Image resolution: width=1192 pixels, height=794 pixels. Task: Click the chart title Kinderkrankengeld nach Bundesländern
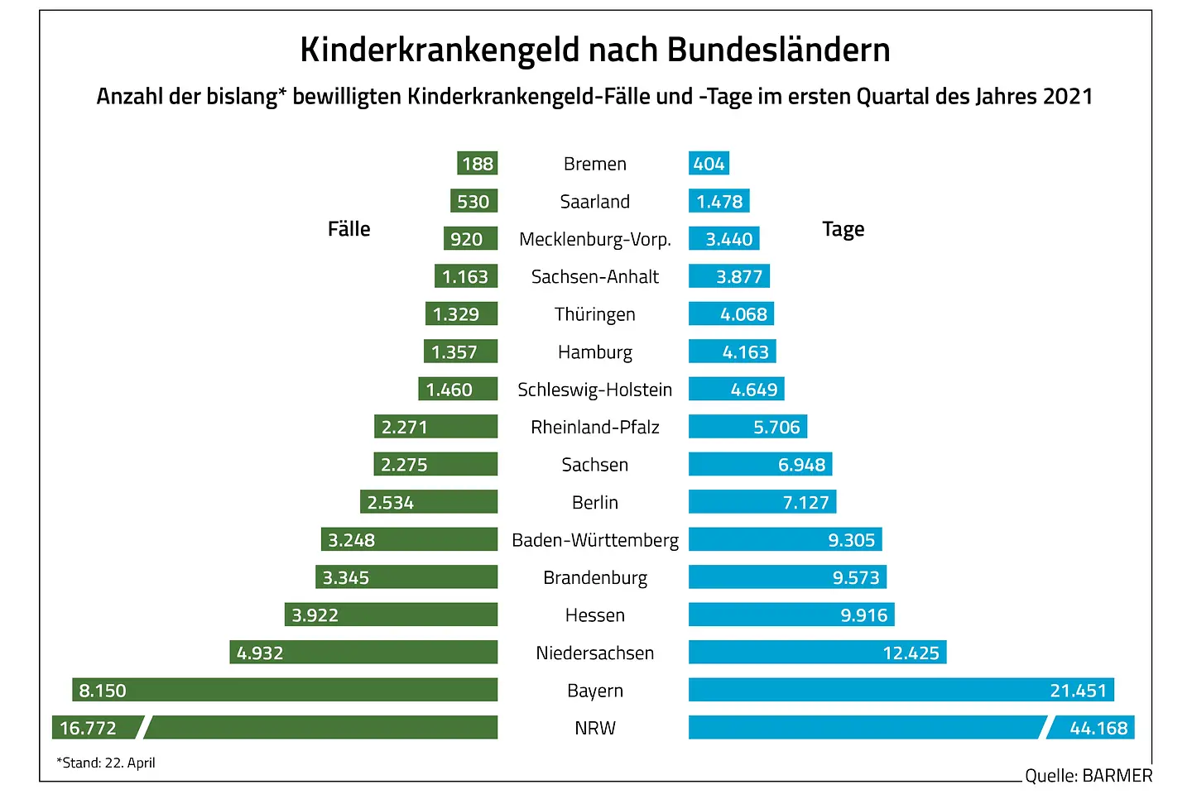point(594,50)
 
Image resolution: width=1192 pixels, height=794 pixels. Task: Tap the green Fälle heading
point(348,229)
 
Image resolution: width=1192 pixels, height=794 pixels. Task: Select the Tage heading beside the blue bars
point(843,229)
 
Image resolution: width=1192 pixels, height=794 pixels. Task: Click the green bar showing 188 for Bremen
point(478,164)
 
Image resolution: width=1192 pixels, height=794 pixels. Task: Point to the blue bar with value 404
point(709,164)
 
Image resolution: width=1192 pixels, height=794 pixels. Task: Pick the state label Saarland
point(594,202)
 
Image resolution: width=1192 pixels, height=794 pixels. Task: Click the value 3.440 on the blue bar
point(728,240)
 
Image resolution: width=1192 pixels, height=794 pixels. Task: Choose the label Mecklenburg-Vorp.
point(594,240)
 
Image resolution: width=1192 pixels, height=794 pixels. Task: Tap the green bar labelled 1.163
point(466,277)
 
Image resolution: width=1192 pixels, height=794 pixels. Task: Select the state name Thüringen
point(594,315)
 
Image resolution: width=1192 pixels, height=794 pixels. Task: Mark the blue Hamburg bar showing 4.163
point(732,352)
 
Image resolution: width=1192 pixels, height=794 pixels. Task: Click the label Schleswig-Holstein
point(594,390)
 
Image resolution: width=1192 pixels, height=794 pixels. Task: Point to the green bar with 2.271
point(435,428)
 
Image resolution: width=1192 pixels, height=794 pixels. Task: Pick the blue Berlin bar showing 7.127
point(762,503)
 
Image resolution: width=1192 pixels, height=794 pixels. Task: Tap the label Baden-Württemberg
point(594,541)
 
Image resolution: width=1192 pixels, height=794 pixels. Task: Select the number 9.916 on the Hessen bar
point(863,615)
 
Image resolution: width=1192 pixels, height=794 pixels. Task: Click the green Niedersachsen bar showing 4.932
point(363,653)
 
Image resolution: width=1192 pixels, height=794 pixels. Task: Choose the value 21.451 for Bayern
point(1078,691)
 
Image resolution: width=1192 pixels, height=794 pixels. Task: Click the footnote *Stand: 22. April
point(106,763)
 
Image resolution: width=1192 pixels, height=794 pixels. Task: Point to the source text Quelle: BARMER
point(1088,776)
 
